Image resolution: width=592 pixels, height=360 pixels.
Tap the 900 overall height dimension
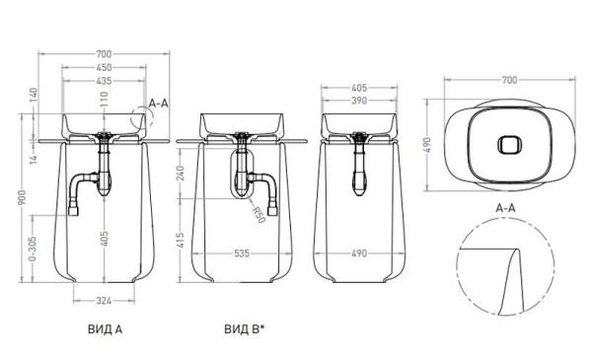pos(22,198)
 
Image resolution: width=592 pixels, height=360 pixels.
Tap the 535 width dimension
pos(242,253)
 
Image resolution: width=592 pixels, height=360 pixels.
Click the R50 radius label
pos(259,213)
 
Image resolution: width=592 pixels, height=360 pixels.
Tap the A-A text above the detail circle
pos(506,208)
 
